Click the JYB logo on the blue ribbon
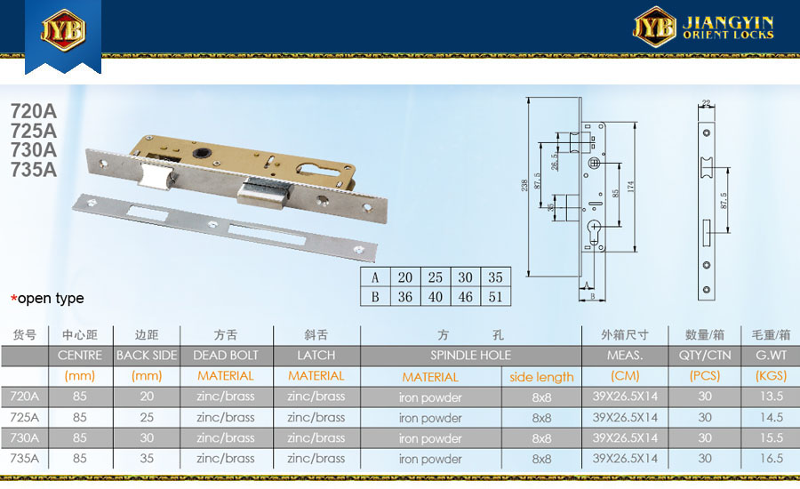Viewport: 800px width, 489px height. [x=63, y=30]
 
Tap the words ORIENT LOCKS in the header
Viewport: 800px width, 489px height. [x=728, y=35]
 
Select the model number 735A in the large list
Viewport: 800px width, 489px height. [x=34, y=170]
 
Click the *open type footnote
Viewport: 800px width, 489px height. [x=47, y=298]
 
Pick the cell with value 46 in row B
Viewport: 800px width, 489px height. [x=465, y=297]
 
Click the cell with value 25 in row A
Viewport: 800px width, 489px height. [x=436, y=277]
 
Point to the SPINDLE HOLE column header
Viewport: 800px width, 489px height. [x=470, y=356]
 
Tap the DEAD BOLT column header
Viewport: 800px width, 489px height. [x=226, y=356]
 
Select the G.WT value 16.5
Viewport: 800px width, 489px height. [x=771, y=459]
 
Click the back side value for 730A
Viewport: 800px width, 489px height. [x=147, y=438]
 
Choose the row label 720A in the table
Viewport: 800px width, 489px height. [x=25, y=397]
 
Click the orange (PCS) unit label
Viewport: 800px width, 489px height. [x=705, y=376]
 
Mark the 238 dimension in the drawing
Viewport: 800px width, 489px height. [x=524, y=186]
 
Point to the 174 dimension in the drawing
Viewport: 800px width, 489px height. [x=631, y=187]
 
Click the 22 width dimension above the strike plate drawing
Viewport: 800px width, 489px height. [x=706, y=102]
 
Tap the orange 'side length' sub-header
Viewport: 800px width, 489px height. [x=541, y=377]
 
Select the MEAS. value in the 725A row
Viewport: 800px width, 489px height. [x=625, y=418]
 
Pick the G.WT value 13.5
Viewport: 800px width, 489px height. [x=771, y=397]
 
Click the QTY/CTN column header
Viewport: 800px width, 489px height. [x=705, y=356]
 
